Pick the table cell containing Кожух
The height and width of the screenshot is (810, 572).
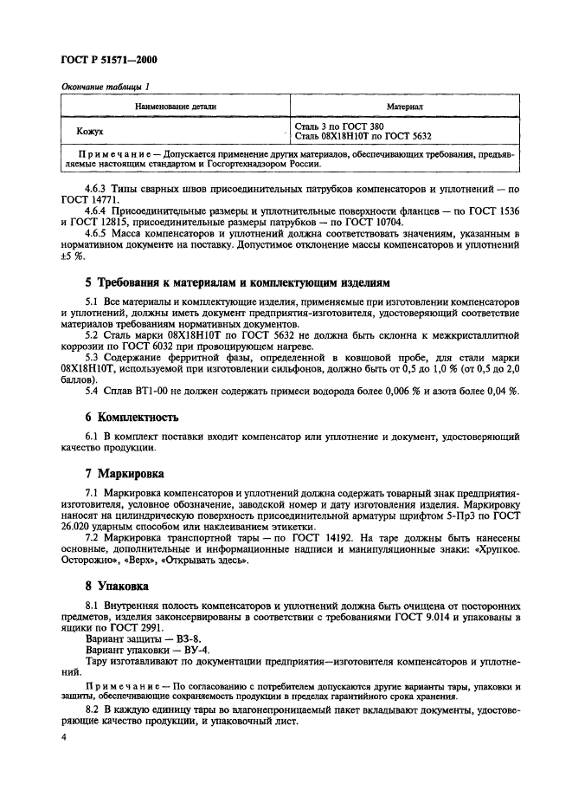pyautogui.click(x=89, y=132)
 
